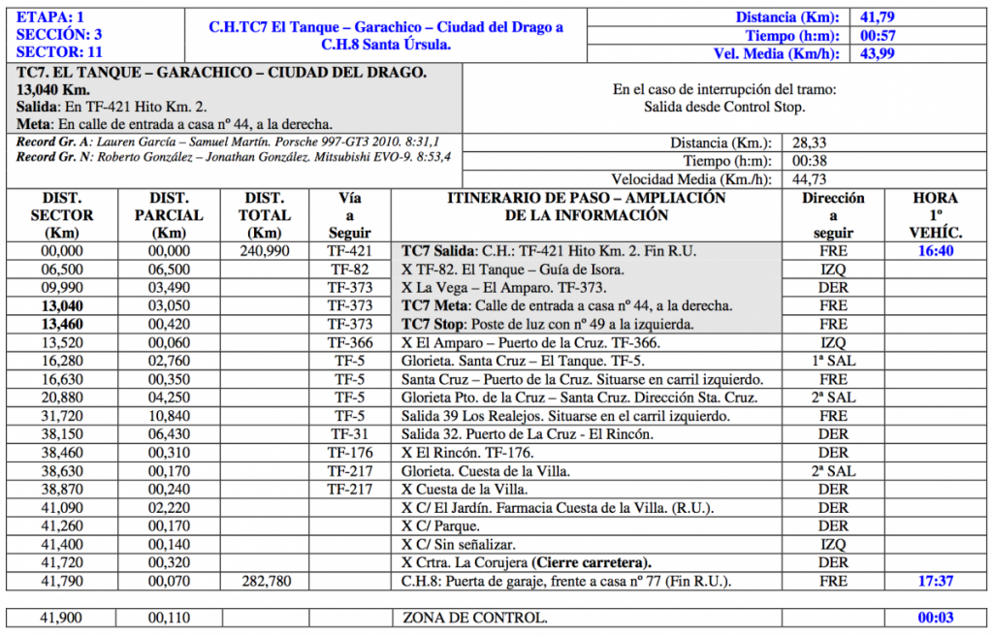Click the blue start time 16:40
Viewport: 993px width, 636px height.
coord(936,250)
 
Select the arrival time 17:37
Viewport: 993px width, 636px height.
coord(936,581)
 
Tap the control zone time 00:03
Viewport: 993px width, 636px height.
coord(936,618)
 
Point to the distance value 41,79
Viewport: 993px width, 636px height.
coord(878,16)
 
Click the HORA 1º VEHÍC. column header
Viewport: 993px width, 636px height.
coord(936,215)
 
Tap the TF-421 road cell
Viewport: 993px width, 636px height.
coord(349,250)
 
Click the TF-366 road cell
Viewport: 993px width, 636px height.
coord(349,342)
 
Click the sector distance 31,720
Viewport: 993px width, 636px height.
coord(62,416)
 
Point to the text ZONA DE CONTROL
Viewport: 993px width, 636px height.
coord(474,618)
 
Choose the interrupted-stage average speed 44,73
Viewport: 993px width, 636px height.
coord(811,178)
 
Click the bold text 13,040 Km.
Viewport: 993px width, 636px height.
coord(53,90)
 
